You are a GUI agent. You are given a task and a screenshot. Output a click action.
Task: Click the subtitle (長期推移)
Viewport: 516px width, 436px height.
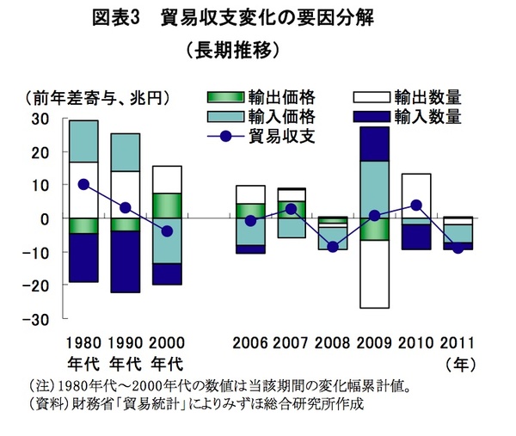(233, 51)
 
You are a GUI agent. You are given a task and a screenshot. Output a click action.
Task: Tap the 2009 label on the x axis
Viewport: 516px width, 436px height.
(375, 342)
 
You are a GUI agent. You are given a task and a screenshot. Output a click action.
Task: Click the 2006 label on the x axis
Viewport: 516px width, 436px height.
(250, 342)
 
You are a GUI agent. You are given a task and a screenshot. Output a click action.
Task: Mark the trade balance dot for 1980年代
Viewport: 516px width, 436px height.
(83, 184)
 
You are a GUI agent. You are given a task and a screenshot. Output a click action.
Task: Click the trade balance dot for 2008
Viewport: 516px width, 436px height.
(333, 247)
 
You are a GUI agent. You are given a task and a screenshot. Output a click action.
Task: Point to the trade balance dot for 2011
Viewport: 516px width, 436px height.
(458, 249)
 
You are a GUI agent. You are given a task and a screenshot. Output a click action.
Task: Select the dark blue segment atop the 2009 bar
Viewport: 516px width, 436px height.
(375, 144)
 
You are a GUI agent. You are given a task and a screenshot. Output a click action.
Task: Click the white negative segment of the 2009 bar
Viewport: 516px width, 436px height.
(375, 273)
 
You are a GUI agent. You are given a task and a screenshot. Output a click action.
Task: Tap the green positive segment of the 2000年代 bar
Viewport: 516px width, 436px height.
(167, 206)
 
